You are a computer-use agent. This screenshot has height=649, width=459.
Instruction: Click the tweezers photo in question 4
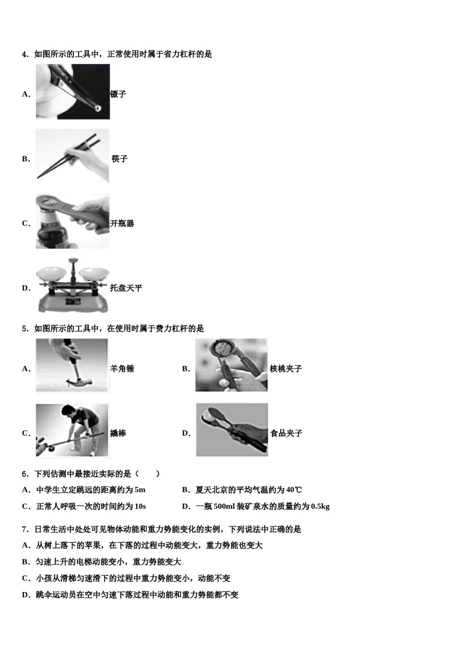(x=72, y=92)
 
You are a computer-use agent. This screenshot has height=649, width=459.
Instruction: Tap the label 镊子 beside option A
(x=118, y=94)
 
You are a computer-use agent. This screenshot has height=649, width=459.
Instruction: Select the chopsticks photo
(x=72, y=156)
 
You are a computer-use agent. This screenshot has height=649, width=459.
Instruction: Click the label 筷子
(x=119, y=159)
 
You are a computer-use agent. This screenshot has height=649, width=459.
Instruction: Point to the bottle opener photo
(x=72, y=221)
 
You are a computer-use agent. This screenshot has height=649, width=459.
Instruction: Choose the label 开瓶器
(x=122, y=224)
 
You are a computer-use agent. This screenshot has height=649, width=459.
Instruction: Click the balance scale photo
(x=72, y=286)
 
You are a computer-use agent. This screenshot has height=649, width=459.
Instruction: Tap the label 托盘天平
(x=126, y=288)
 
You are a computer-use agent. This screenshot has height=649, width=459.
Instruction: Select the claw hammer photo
(x=72, y=366)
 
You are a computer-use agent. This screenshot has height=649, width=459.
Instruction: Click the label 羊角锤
(x=122, y=369)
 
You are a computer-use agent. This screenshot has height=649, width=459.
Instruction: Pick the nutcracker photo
(x=231, y=365)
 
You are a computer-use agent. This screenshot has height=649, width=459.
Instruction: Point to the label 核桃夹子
(x=286, y=369)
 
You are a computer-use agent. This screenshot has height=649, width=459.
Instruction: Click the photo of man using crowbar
(x=72, y=430)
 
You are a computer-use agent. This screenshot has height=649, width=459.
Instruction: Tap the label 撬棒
(x=118, y=434)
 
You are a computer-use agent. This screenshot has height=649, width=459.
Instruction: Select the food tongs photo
(x=232, y=430)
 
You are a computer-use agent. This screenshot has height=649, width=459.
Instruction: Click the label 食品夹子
(x=286, y=434)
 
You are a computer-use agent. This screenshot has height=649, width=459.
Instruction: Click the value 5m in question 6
(x=140, y=490)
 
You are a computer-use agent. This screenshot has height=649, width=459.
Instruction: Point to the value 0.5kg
(x=320, y=507)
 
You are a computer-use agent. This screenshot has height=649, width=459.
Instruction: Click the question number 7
(x=24, y=530)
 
